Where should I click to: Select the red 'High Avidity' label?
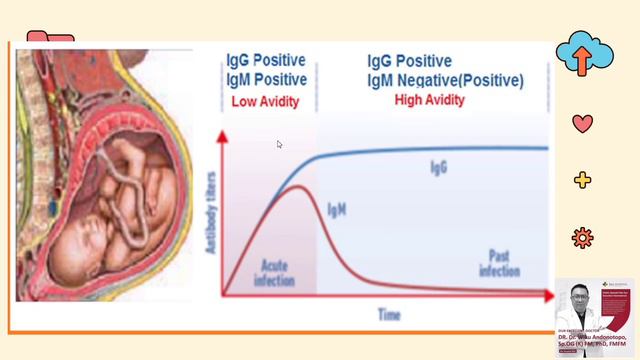coord(430,100)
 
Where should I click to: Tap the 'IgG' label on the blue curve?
coord(438,168)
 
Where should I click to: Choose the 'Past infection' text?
coord(499,263)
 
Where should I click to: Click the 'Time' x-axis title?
coord(389,315)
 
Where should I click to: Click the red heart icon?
coord(582,124)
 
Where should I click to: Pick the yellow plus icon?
coord(582,180)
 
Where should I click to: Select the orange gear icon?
coord(582,237)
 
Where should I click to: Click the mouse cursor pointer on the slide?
coord(280,144)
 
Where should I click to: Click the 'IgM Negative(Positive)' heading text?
coord(445,80)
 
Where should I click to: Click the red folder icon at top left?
coord(50,40)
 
